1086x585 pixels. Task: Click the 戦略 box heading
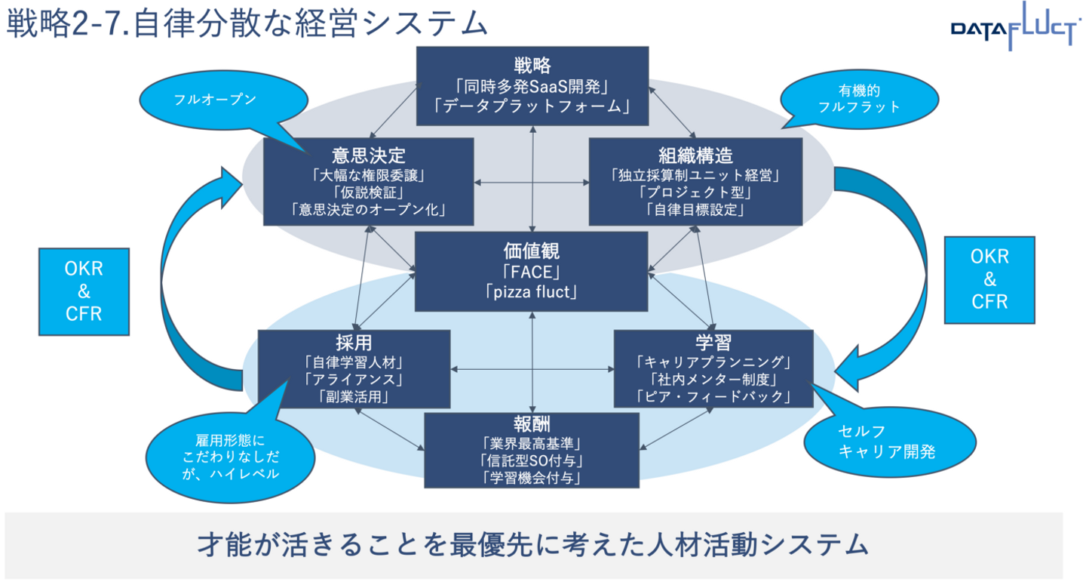tap(532, 64)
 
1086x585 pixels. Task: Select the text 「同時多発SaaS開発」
tap(532, 85)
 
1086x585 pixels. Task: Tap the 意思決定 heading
tap(368, 155)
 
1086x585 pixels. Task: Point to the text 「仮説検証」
tap(368, 192)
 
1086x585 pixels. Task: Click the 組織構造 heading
tap(695, 155)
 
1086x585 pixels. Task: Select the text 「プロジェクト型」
tap(695, 192)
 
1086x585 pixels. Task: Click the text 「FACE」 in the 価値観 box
tap(532, 272)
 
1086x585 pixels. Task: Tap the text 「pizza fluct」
tap(532, 291)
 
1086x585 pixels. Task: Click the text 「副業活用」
tap(354, 395)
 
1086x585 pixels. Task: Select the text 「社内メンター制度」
tap(713, 378)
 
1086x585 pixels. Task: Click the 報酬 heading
tap(532, 423)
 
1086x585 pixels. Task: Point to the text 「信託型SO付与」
tap(532, 460)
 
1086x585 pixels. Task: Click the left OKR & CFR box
tap(84, 291)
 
